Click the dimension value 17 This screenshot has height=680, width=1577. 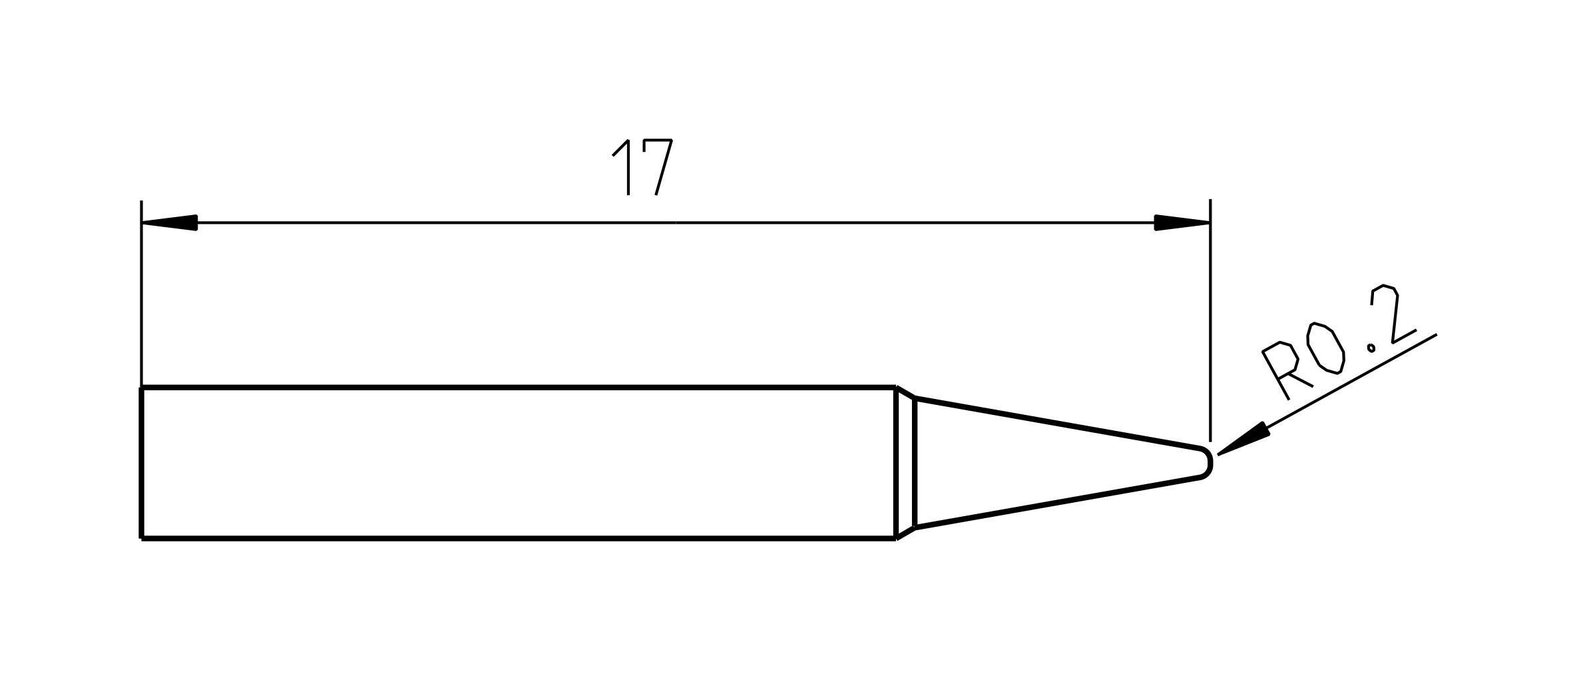(x=643, y=167)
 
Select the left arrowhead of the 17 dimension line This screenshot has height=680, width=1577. (x=170, y=222)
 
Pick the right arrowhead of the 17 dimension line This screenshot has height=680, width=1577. (x=1181, y=222)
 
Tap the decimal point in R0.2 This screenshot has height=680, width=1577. (x=1371, y=347)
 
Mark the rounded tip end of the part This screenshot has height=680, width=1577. (x=1208, y=462)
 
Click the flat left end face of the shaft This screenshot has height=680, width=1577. (x=142, y=462)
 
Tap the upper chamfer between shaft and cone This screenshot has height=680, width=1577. (x=906, y=392)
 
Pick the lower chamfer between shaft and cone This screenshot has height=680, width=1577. (x=906, y=533)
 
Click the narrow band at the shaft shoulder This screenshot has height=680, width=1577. (x=905, y=462)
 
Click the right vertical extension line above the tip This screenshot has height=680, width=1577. (x=1210, y=320)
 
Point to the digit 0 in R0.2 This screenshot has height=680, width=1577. (x=1325, y=348)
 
